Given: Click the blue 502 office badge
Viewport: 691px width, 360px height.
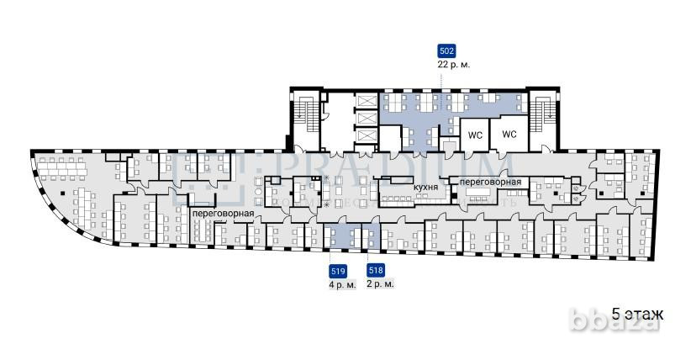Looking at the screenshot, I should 447,50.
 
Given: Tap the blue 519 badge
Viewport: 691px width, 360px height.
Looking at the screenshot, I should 338,271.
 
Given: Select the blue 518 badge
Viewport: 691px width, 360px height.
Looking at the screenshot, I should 376,271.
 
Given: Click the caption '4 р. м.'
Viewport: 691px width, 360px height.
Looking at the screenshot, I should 342,285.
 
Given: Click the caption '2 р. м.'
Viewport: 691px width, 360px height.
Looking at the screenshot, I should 380,285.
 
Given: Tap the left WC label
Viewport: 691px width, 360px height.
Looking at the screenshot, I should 474,135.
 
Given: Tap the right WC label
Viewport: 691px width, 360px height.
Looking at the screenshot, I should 509,135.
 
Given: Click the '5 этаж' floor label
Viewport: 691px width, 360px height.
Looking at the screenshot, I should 638,314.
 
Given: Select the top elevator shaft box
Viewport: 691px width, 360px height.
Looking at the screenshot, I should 367,101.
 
